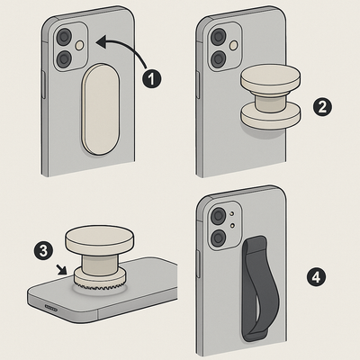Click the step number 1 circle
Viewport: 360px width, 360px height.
point(152,78)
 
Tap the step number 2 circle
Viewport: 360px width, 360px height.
point(320,106)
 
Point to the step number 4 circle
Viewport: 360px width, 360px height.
point(314,274)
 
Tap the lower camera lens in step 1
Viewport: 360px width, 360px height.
point(64,59)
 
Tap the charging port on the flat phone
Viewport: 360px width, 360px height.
point(49,309)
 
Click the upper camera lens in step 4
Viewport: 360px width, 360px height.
point(217,218)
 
